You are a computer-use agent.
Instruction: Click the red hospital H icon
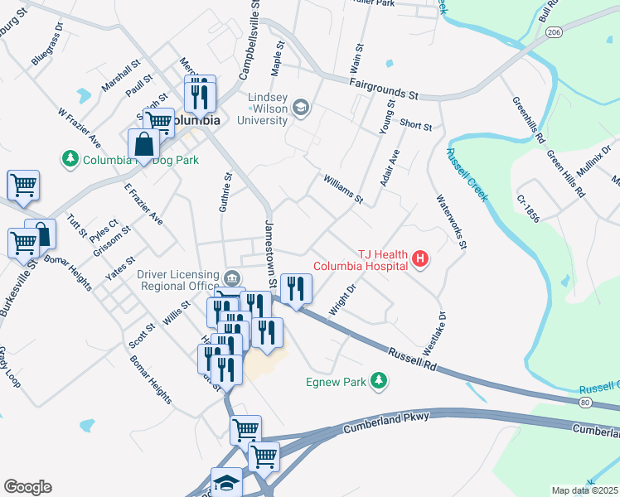click(x=420, y=260)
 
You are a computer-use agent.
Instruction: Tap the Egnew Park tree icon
click(x=380, y=380)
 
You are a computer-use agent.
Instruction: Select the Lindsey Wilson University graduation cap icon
click(x=300, y=107)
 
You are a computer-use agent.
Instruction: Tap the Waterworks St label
click(x=453, y=221)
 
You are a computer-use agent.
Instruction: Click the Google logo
click(x=27, y=486)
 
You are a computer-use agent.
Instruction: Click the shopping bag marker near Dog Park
click(x=144, y=144)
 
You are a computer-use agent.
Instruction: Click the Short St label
click(x=416, y=125)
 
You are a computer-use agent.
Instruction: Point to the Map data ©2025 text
click(x=585, y=490)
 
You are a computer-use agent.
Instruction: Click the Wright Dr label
click(x=341, y=299)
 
